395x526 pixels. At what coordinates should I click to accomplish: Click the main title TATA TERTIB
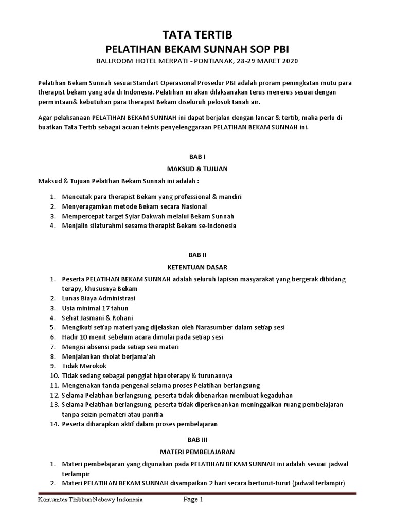click(197, 35)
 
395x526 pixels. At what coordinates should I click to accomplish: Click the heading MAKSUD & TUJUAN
click(197, 168)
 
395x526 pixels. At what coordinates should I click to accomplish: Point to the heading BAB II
click(197, 254)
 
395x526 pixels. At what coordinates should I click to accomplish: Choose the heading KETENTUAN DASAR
click(197, 267)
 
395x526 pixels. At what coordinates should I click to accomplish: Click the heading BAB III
click(197, 439)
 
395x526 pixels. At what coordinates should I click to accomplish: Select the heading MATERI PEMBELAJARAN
click(197, 452)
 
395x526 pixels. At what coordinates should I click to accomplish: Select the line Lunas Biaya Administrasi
click(99, 298)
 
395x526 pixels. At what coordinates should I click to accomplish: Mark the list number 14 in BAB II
click(53, 424)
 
